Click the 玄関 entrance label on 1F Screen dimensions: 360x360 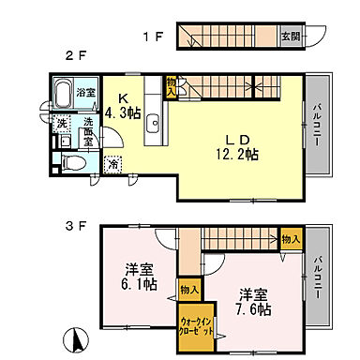(292, 37)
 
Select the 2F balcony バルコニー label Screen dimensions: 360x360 (320, 127)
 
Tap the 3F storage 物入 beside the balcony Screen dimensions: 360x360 (290, 240)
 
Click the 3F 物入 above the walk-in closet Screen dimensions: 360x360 (189, 291)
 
